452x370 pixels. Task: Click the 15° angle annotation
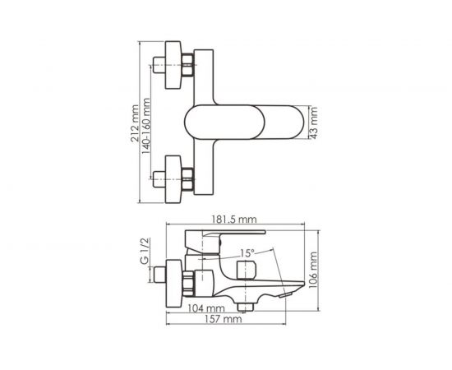coord(248,252)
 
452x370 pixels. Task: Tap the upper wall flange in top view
coord(173,62)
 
